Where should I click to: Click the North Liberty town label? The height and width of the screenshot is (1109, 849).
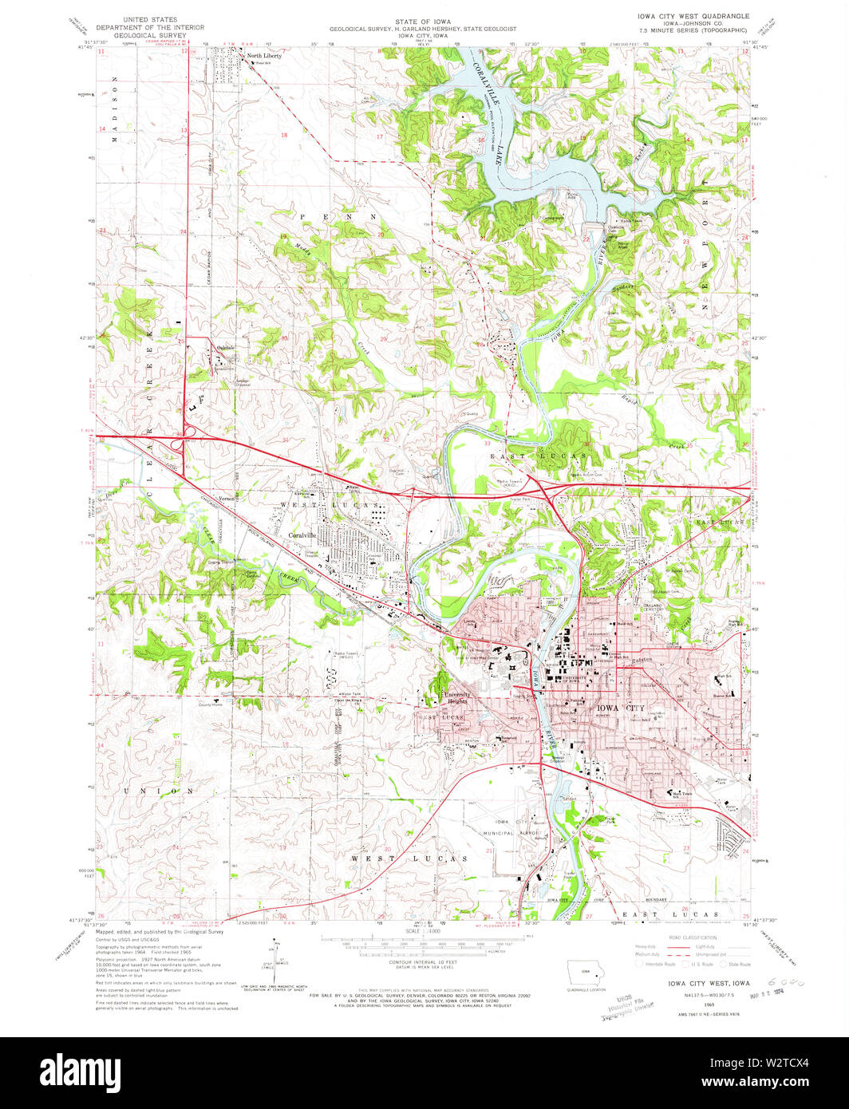tap(264, 56)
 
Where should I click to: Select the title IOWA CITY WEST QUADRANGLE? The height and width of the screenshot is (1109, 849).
tap(693, 16)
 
